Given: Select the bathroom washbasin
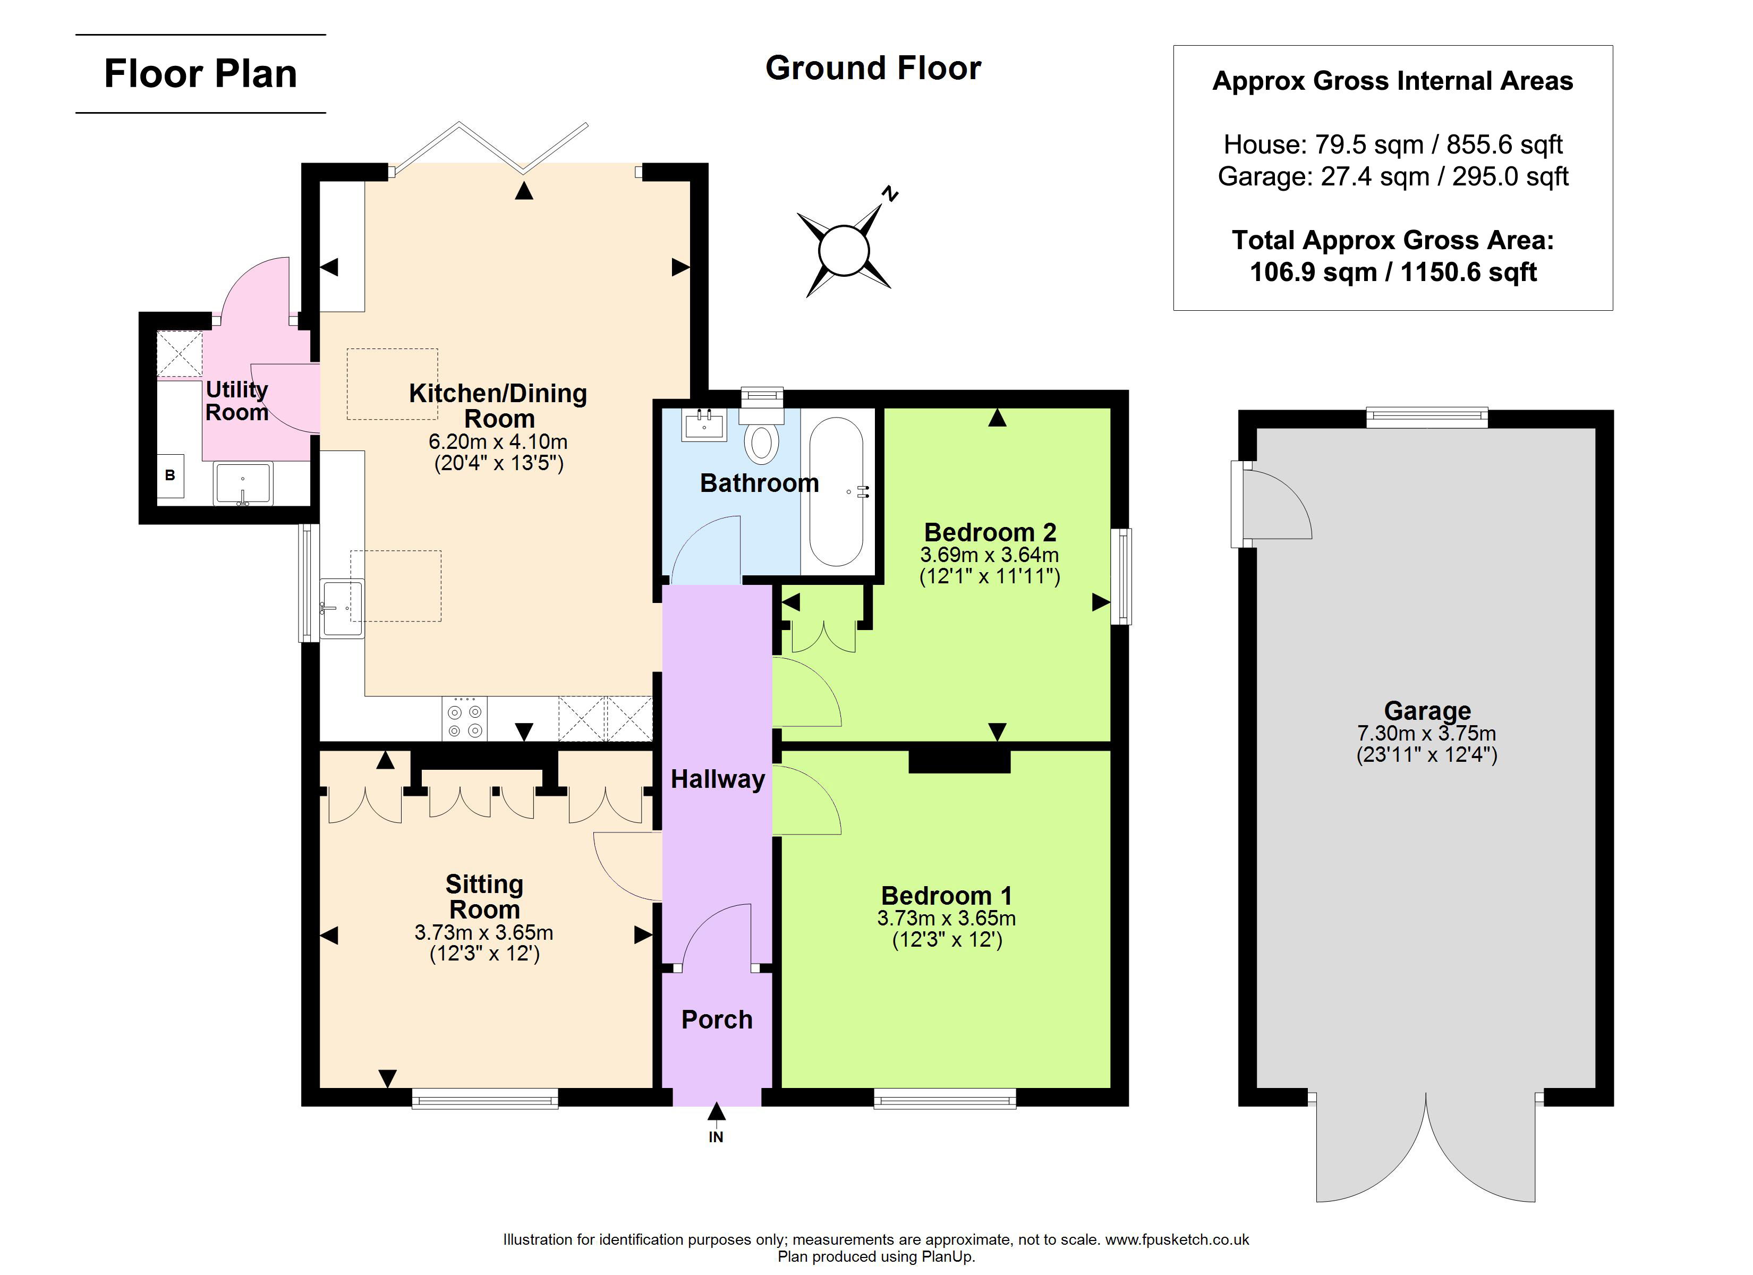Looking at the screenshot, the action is (x=703, y=424).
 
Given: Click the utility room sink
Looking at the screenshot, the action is (x=243, y=483).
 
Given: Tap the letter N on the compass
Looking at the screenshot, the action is (x=890, y=193).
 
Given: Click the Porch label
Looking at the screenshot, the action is (x=717, y=1020).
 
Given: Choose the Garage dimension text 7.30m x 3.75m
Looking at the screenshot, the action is (x=1426, y=733).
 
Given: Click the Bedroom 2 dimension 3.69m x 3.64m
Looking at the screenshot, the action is (x=989, y=555).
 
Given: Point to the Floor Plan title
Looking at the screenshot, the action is (x=200, y=74).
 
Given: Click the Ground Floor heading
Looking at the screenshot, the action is (x=873, y=68).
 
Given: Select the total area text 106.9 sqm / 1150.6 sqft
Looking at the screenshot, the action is (x=1393, y=272).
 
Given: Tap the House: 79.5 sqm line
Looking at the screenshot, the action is (x=1393, y=144).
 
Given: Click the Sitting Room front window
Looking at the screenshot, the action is (x=484, y=1098).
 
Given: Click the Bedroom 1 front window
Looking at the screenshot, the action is (x=944, y=1098).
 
